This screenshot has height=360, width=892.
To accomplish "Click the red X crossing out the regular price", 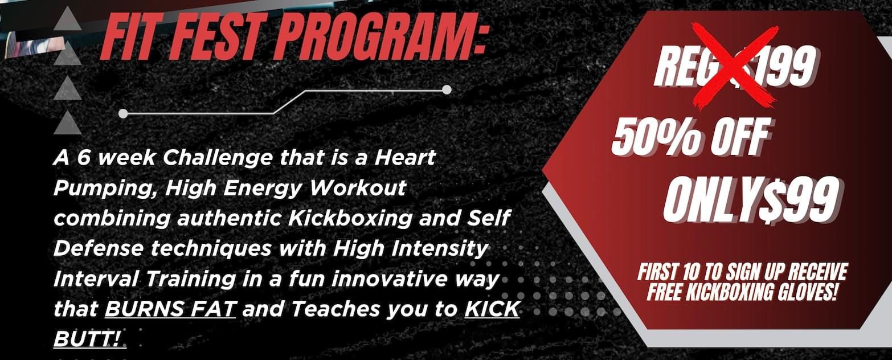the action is [x=735, y=66].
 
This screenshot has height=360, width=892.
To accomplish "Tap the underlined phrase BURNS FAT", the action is [x=170, y=309].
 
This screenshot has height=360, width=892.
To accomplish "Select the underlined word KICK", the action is [x=492, y=309].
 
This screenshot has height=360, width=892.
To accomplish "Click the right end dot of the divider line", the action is [x=447, y=89].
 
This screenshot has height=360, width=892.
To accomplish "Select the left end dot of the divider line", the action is [x=123, y=114].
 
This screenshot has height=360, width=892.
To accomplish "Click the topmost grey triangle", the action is [x=68, y=21].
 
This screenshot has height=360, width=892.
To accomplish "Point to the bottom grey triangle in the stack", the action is [x=68, y=123].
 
